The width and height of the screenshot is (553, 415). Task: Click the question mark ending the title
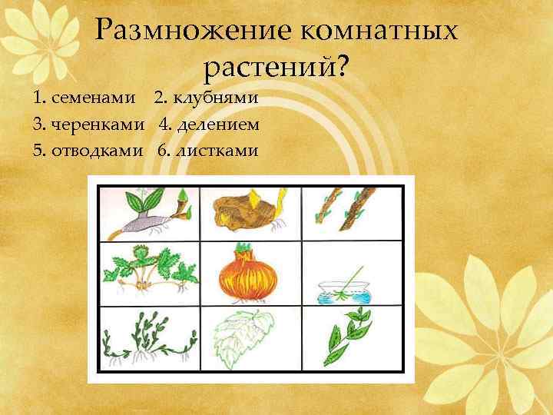tap(340, 69)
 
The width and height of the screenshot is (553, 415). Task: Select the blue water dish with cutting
tap(344, 288)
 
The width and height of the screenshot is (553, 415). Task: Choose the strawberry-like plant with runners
tap(148, 274)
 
